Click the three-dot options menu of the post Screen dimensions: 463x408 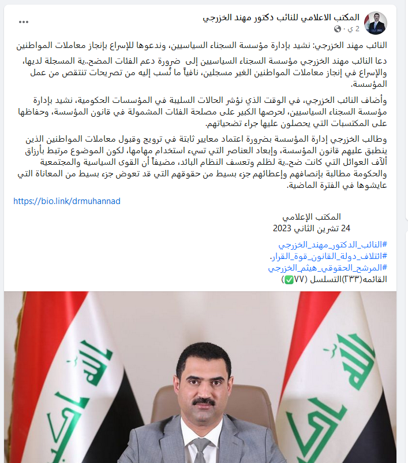[24, 21]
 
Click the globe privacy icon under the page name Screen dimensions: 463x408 [338, 29]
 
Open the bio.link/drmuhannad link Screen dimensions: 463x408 [66, 201]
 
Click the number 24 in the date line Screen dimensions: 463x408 [345, 227]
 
